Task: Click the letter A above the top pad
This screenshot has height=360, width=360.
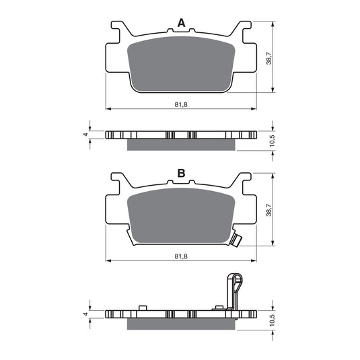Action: (181, 24)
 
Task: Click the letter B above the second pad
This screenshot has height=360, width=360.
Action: (181, 174)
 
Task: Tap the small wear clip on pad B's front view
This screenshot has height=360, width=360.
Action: (236, 238)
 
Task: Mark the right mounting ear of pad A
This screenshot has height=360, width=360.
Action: (243, 31)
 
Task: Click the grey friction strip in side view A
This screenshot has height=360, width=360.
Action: (181, 145)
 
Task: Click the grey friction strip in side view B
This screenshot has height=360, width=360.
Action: (181, 324)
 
